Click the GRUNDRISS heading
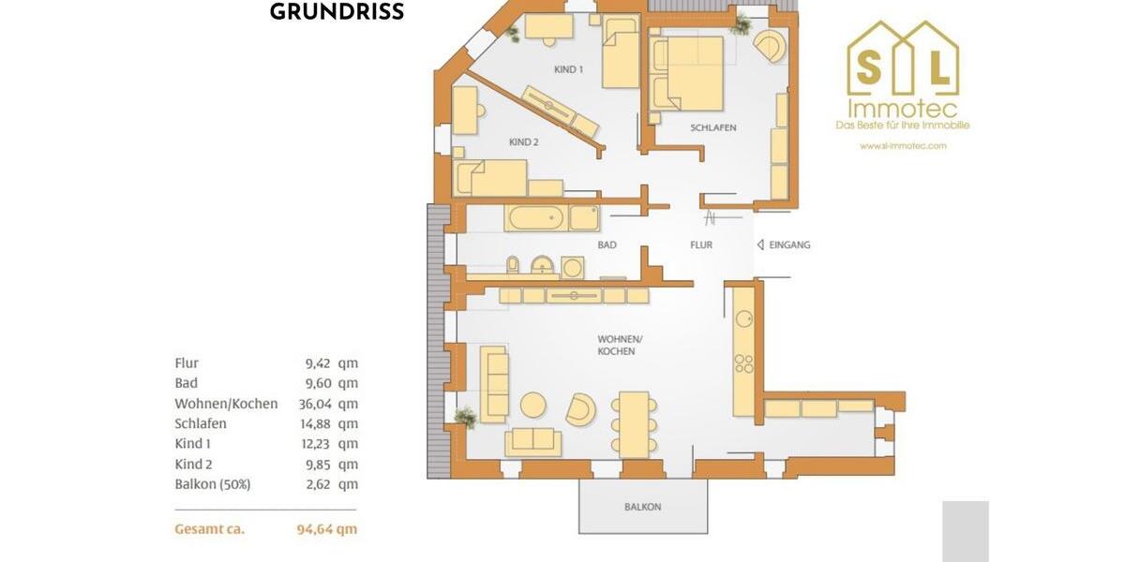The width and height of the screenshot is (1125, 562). (337, 12)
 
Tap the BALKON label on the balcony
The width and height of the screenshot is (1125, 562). (642, 507)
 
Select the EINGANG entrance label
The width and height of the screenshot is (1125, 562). (788, 244)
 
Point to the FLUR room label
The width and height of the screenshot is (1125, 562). (700, 244)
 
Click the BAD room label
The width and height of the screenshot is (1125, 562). (607, 244)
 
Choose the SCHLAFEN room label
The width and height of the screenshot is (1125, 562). (712, 127)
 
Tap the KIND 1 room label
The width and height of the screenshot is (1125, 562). (568, 69)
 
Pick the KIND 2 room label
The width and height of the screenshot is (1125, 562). (523, 142)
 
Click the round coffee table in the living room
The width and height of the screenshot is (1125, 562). (533, 405)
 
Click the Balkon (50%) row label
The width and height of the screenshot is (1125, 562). (212, 484)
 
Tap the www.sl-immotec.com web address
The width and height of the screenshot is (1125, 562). (903, 145)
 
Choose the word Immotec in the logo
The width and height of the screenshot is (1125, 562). (903, 108)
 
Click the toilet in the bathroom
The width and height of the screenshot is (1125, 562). (513, 266)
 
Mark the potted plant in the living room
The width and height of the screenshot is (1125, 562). (464, 416)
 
